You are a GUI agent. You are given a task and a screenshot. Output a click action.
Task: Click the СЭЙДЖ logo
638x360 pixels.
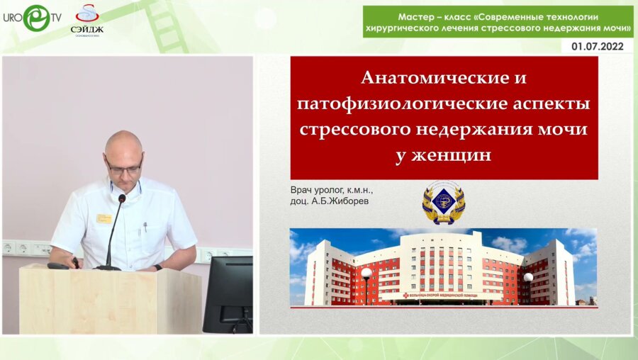86,19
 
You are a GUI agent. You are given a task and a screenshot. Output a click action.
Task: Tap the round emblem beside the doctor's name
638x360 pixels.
443,201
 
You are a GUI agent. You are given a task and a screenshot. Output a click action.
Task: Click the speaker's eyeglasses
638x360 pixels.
123,167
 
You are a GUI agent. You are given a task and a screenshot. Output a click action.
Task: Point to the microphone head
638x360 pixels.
121,199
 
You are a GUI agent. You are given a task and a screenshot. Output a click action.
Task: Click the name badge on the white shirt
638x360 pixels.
105,218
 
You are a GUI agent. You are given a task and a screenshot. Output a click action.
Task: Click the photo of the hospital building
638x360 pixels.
443,266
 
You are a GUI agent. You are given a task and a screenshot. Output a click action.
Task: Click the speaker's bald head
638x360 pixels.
122,142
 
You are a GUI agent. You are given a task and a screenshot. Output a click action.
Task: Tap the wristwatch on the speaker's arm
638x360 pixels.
157,267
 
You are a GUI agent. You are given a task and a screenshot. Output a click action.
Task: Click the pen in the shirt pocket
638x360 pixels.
145,228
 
